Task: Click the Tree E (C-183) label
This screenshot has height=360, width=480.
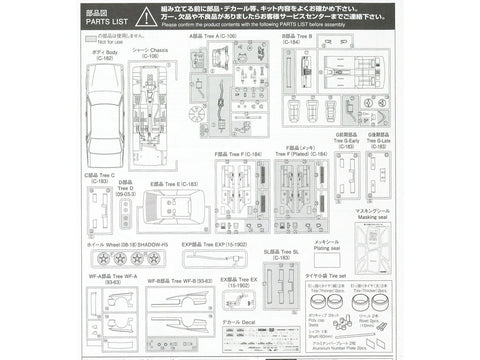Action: point(173,184)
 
